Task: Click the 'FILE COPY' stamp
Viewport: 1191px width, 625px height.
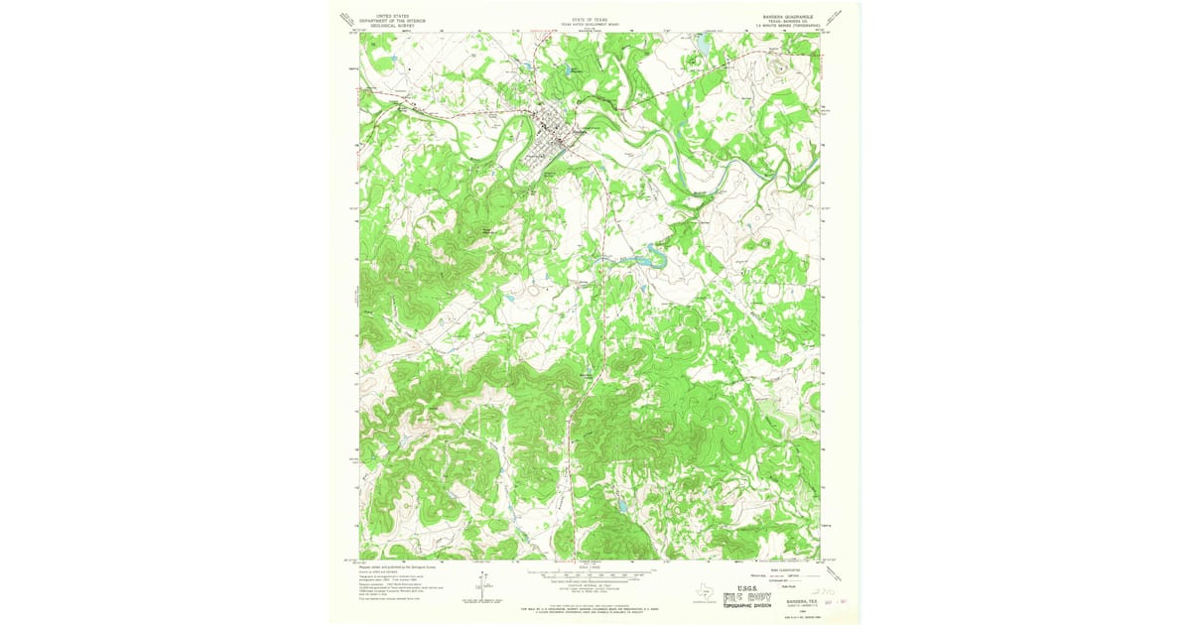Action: [749, 597]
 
